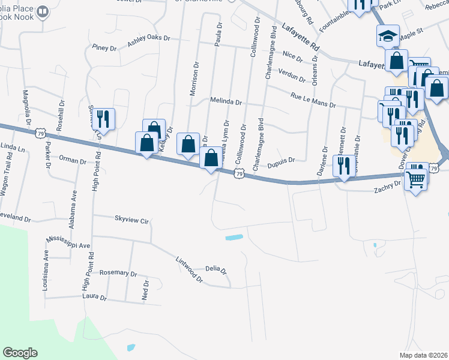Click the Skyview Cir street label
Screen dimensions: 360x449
pos(131,220)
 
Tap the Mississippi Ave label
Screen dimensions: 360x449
pos(68,245)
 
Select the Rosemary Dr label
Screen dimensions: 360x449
pos(118,273)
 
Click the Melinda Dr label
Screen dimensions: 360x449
pos(225,102)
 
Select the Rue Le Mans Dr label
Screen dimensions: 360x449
pos(312,100)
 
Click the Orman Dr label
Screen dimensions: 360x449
pos(73,160)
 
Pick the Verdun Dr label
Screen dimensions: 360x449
pos(292,75)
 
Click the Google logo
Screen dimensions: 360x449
pos(20,353)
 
